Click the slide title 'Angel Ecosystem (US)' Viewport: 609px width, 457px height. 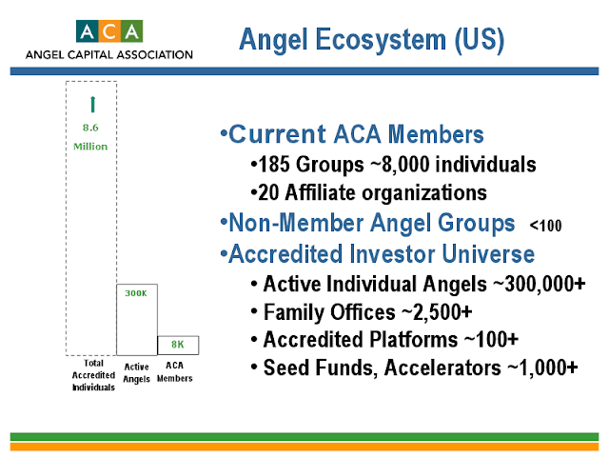[371, 39]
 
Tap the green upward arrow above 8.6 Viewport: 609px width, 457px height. [91, 104]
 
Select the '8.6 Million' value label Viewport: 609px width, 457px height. [91, 134]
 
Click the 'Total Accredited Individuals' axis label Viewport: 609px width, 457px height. [91, 377]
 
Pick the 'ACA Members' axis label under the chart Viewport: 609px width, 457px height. [175, 371]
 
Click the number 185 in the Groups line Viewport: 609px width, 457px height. [271, 166]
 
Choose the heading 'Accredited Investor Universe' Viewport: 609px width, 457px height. [376, 254]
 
